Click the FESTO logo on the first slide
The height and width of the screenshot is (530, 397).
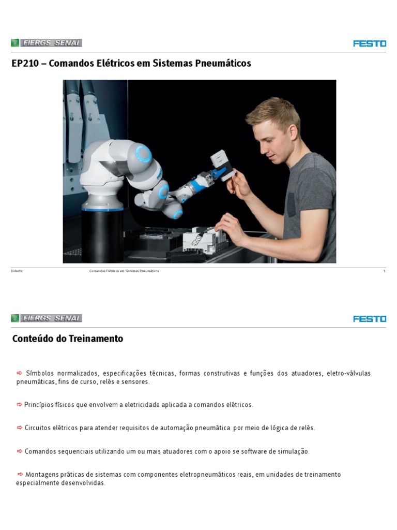point(370,43)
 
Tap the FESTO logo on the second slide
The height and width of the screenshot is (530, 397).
point(370,319)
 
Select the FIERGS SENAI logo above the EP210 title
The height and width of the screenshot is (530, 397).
point(47,43)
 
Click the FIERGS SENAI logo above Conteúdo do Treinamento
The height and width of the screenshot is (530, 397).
point(47,318)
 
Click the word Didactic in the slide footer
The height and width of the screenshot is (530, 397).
point(17,271)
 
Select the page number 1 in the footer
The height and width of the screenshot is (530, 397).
point(384,271)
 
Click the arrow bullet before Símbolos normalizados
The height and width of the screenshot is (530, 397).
point(20,373)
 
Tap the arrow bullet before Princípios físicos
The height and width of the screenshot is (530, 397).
point(20,404)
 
